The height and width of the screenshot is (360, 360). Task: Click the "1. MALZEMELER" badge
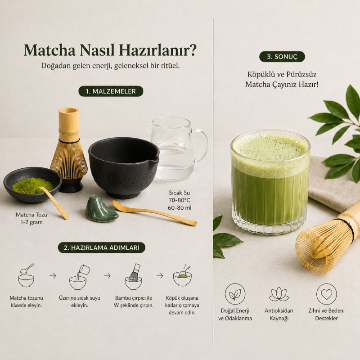(111, 91)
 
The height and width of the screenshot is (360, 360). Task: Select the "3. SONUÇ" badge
(282, 57)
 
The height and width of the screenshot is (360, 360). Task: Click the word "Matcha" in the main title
(50, 50)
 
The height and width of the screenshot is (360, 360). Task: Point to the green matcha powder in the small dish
(32, 185)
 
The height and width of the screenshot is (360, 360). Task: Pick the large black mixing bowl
(123, 167)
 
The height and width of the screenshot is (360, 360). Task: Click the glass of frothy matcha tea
(270, 181)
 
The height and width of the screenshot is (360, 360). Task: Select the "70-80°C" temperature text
(179, 200)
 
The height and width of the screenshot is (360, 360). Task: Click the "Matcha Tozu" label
(31, 215)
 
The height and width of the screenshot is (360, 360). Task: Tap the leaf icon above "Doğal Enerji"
(235, 294)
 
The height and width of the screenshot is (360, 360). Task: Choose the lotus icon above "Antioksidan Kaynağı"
(279, 294)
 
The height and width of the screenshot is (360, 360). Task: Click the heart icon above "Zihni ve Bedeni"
(326, 294)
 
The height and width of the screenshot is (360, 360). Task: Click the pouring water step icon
(79, 277)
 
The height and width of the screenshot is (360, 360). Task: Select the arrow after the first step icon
(53, 275)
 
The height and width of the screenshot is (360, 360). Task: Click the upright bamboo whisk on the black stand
(69, 150)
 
